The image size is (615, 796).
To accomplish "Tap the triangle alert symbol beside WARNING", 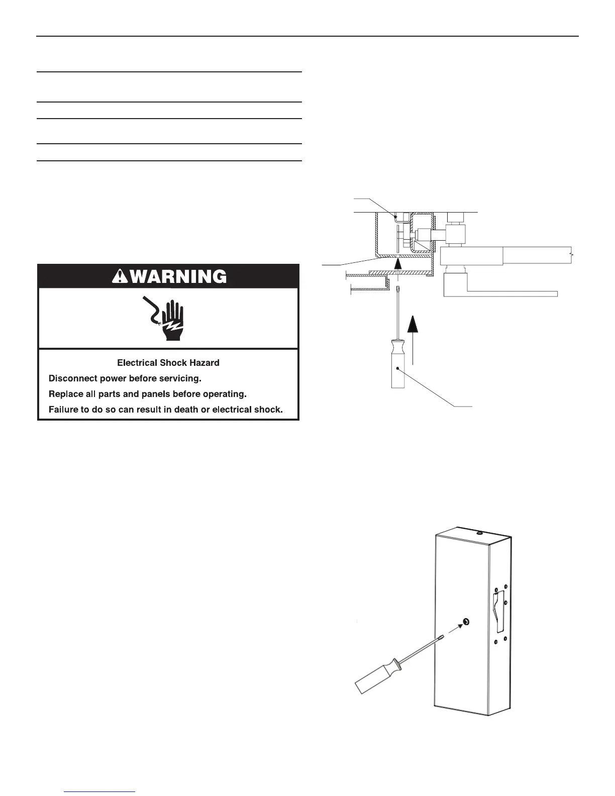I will click(120, 276).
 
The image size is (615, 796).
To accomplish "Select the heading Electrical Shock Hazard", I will click(168, 362).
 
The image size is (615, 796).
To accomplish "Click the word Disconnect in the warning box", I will click(69, 378).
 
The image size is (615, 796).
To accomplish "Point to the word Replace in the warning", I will click(64, 393).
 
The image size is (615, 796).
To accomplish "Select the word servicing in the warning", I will click(182, 378).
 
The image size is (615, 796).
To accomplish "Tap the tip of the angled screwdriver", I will click(442, 637).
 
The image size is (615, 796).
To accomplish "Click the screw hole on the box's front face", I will click(466, 622).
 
